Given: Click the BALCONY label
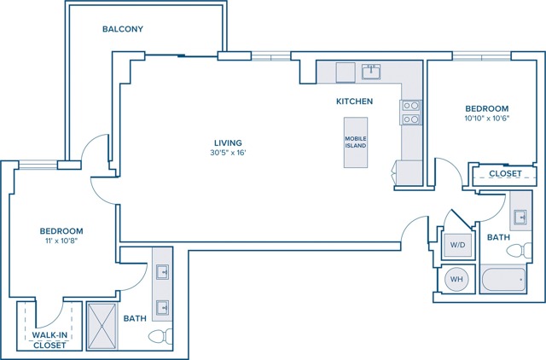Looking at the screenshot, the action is pyautogui.click(x=123, y=29).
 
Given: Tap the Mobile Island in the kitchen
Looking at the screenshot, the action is pyautogui.click(x=356, y=142).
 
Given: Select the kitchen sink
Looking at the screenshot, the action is pyautogui.click(x=371, y=72).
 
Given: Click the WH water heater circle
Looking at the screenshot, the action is pyautogui.click(x=456, y=279).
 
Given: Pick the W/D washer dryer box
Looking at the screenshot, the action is pyautogui.click(x=457, y=245).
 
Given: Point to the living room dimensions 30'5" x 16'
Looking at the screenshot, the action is pyautogui.click(x=228, y=153).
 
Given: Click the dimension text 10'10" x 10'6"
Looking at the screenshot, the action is pyautogui.click(x=487, y=118).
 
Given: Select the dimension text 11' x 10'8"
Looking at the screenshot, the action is pyautogui.click(x=61, y=241).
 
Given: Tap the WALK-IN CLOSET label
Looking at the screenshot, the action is pyautogui.click(x=49, y=340).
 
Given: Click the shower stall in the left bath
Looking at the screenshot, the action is pyautogui.click(x=102, y=326).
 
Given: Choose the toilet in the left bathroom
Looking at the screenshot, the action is pyautogui.click(x=160, y=336).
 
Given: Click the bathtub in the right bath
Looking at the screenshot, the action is pyautogui.click(x=503, y=280).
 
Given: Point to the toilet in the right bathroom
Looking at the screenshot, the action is pyautogui.click(x=520, y=250).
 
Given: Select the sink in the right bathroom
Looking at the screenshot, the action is pyautogui.click(x=520, y=218).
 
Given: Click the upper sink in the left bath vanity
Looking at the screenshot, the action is pyautogui.click(x=162, y=272).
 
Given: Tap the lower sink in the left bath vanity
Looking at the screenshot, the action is pyautogui.click(x=162, y=308).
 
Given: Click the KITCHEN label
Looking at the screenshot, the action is pyautogui.click(x=355, y=102).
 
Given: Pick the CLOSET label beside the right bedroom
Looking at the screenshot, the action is pyautogui.click(x=505, y=173).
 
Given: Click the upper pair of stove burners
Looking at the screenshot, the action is pyautogui.click(x=411, y=106).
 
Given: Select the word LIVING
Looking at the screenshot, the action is pyautogui.click(x=228, y=142).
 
